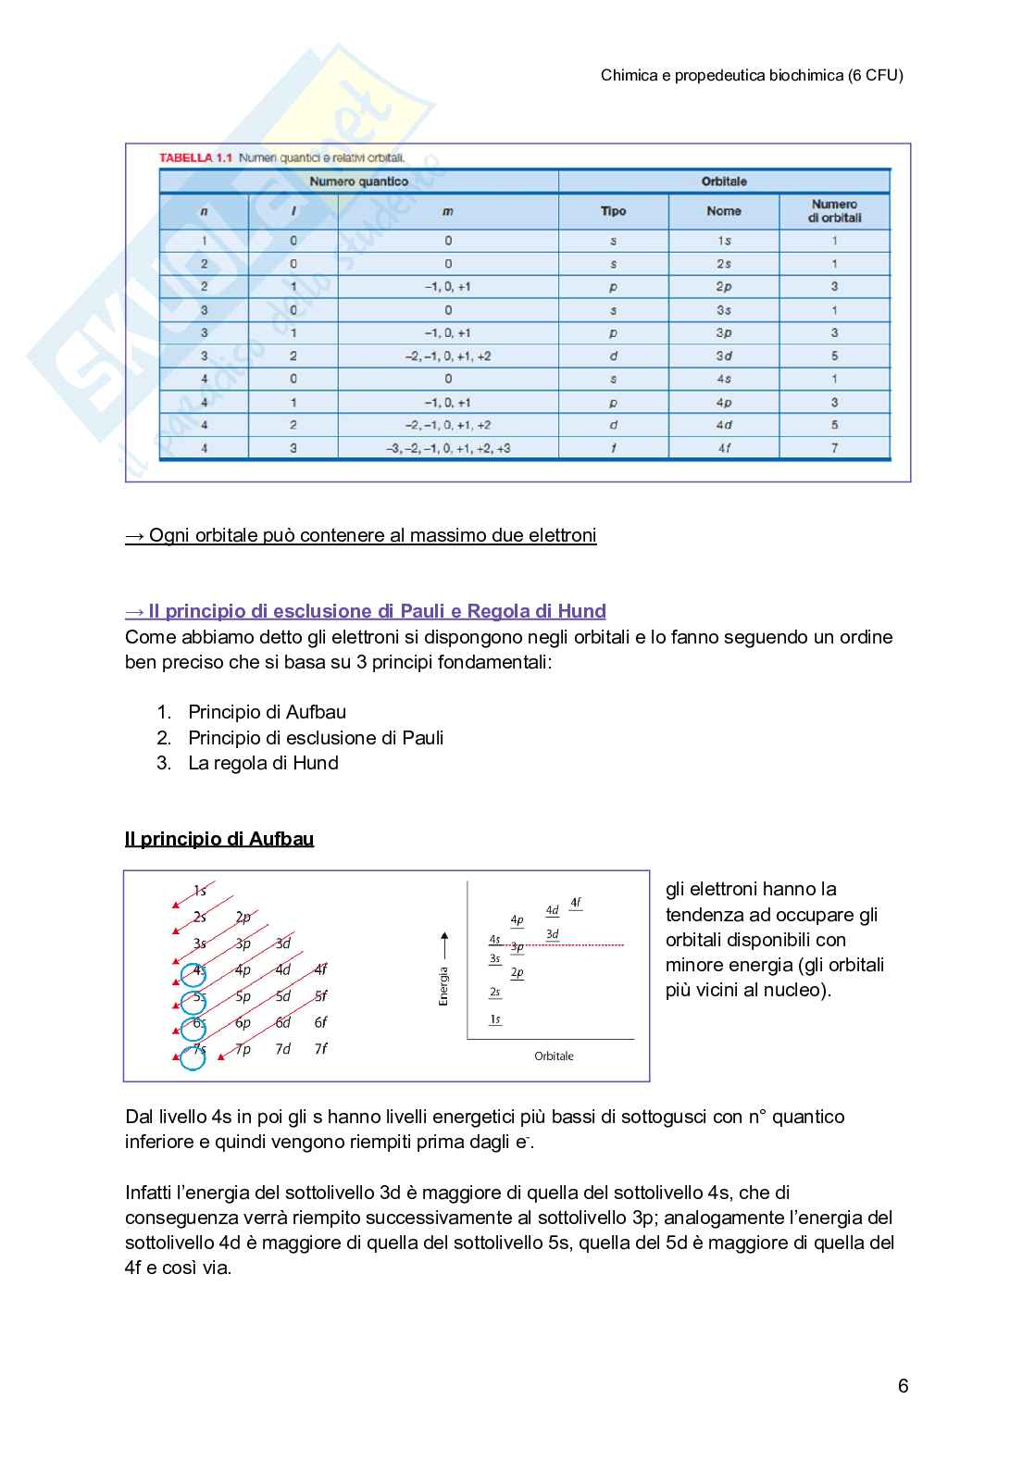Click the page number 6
coord(903,1386)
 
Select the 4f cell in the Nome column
coord(723,448)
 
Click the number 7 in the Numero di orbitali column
coord(834,448)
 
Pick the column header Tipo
coord(613,211)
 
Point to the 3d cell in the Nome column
coord(723,356)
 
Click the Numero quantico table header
coord(358,181)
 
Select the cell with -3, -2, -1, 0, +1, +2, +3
coord(448,448)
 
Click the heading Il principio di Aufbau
coord(219,839)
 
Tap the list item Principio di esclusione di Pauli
coord(315,738)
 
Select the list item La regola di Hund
coord(263,763)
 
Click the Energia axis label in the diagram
coord(443,984)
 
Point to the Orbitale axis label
coord(554,1056)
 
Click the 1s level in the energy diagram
coord(495,1019)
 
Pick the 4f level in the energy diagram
coord(576,902)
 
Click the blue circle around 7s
coord(193,1056)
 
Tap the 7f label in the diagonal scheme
coord(320,1049)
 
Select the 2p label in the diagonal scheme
coord(243,918)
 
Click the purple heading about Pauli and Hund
coord(366,611)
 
